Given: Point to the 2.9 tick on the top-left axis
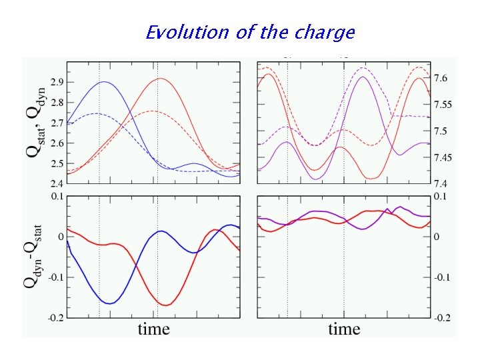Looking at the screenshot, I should pyautogui.click(x=55, y=82).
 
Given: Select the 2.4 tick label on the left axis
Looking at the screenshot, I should pyautogui.click(x=55, y=183).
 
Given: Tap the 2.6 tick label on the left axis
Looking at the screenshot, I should pyautogui.click(x=55, y=143).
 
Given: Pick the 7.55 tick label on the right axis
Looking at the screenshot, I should pyautogui.click(x=443, y=105).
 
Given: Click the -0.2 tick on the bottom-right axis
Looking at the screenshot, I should pyautogui.click(x=442, y=318).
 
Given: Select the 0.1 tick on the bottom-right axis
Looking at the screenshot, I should pyautogui.click(x=441, y=197).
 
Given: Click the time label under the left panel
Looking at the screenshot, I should pyautogui.click(x=154, y=329).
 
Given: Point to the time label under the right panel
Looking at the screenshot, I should pyautogui.click(x=344, y=329).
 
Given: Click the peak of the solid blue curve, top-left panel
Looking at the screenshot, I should pyautogui.click(x=104, y=82).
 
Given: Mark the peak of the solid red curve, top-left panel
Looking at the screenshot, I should pyautogui.click(x=160, y=79).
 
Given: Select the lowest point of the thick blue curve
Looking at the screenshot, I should pyautogui.click(x=110, y=303).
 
